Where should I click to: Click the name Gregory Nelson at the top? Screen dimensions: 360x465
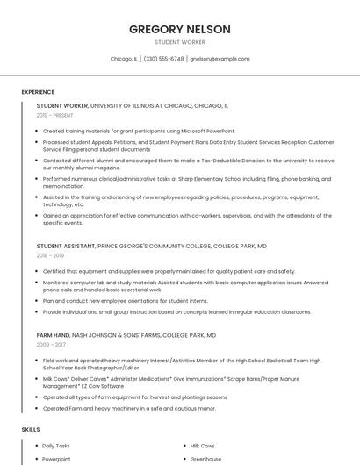(180, 29)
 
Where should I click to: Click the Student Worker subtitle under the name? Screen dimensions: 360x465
(180, 42)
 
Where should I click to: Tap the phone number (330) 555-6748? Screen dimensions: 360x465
(164, 59)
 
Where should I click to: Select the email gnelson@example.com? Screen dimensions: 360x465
(220, 59)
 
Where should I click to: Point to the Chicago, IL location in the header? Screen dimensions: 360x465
(124, 59)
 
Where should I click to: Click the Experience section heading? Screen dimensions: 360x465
(38, 92)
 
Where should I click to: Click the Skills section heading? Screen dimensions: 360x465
(31, 429)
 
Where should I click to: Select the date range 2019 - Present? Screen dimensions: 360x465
(54, 115)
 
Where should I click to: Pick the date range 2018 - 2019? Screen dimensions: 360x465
(50, 255)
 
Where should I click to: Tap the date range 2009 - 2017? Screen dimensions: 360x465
(50, 345)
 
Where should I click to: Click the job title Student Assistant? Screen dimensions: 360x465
(66, 247)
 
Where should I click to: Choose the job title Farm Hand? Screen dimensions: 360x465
(52, 335)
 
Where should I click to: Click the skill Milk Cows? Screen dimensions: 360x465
(202, 446)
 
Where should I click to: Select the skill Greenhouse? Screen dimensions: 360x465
(205, 459)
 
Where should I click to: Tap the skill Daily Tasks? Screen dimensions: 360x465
(56, 446)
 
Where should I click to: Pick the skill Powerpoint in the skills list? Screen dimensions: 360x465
(56, 459)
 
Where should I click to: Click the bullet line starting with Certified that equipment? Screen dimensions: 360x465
(169, 271)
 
